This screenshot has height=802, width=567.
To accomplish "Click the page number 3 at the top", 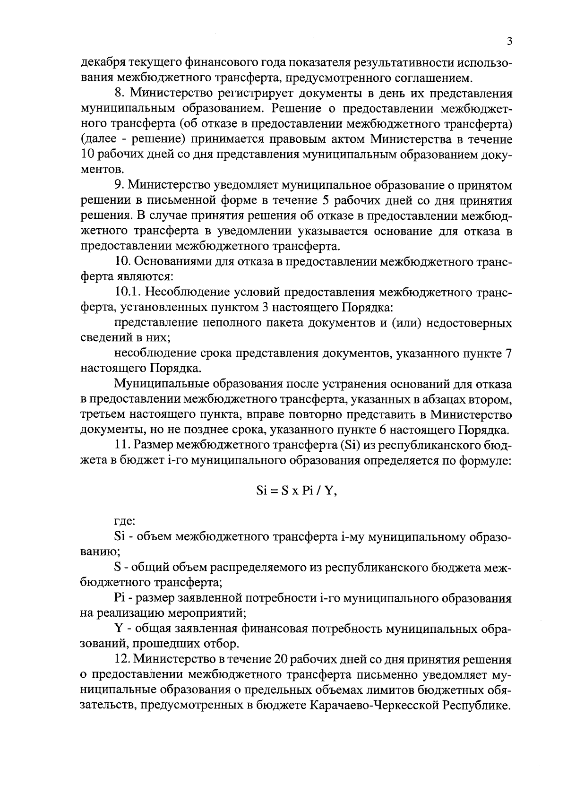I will click(x=509, y=42).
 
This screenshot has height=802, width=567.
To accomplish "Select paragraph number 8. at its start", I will click(x=120, y=93).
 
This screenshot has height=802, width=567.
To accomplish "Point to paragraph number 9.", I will click(x=120, y=185).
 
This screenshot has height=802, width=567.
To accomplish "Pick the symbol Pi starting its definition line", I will click(x=120, y=598).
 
